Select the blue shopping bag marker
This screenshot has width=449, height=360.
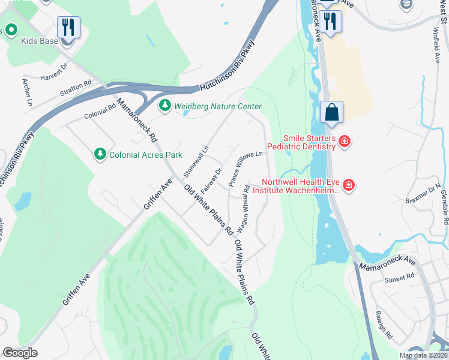331,112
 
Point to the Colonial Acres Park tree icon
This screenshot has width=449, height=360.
100,155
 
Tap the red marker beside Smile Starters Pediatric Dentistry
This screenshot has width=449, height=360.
345,142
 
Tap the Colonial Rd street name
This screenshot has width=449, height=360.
99,110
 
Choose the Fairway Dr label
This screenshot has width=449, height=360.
211,179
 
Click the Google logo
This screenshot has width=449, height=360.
20,353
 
